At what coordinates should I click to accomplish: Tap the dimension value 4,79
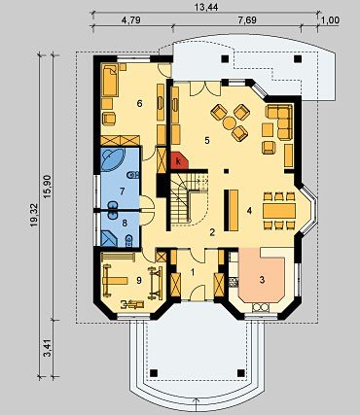[x=131, y=20]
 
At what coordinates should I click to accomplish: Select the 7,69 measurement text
[x=247, y=20]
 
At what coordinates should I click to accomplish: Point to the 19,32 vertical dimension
[x=35, y=215]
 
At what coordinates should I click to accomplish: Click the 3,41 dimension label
[x=48, y=348]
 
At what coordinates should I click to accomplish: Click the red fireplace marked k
[x=179, y=160]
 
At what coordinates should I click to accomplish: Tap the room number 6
[x=140, y=104]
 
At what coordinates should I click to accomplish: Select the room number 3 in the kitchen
[x=262, y=280]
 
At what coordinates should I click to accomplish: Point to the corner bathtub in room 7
[x=112, y=159]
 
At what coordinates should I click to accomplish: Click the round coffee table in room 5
[x=230, y=122]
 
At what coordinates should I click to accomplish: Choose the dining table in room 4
[x=279, y=211]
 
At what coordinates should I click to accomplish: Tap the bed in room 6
[x=110, y=80]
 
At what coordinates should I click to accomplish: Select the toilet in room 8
[x=128, y=240]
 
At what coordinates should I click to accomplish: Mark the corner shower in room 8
[x=109, y=238]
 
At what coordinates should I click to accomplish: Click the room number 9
[x=139, y=280]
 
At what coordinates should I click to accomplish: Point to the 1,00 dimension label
[x=331, y=20]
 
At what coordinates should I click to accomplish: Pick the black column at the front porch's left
[x=155, y=372]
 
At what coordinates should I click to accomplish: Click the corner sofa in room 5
[x=279, y=121]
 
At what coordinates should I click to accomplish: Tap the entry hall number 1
[x=193, y=272]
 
